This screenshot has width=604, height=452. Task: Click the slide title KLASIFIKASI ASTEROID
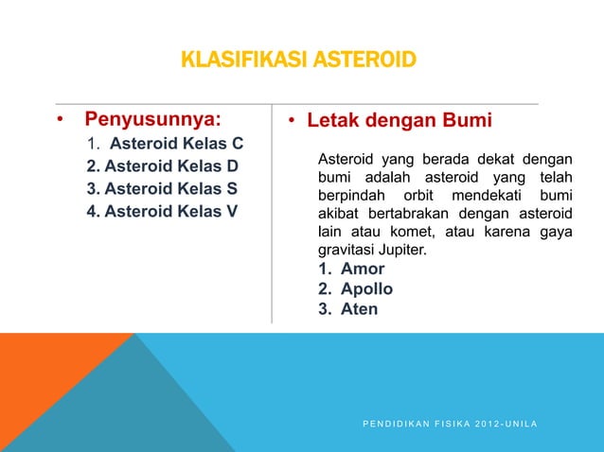coord(297,62)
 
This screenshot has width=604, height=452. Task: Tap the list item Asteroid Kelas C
coord(176,145)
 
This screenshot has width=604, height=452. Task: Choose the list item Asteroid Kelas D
coord(162,166)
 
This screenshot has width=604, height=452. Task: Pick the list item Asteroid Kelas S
coord(162,188)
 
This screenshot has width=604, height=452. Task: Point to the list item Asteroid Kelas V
coord(162,210)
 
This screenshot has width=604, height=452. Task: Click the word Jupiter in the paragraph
coord(401,251)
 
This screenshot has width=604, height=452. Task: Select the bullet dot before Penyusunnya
coord(59,122)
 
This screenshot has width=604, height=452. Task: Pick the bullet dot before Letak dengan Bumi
coord(293,122)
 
